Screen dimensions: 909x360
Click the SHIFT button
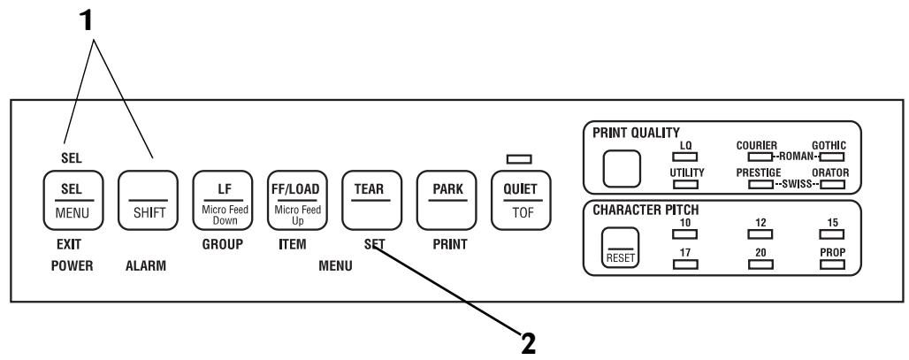[x=148, y=200]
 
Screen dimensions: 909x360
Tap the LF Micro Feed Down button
[x=223, y=200]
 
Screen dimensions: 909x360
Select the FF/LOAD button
[x=297, y=200]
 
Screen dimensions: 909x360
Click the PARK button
[x=447, y=200]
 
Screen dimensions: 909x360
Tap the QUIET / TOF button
[x=521, y=200]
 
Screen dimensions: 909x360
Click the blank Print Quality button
[x=622, y=169]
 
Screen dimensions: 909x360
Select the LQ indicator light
[x=684, y=156]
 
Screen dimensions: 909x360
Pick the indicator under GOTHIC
[x=832, y=156]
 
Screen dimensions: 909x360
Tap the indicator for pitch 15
[x=832, y=234]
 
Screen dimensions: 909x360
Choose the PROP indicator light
[x=832, y=264]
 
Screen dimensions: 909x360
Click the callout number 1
[x=86, y=21]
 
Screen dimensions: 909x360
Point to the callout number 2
[x=528, y=344]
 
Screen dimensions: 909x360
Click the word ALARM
[x=146, y=266]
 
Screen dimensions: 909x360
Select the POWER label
[x=72, y=266]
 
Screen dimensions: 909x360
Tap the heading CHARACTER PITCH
[x=645, y=211]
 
